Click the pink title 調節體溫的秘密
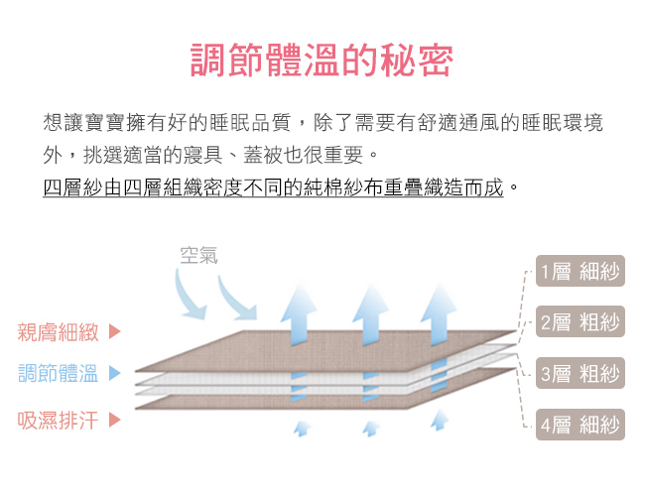click(x=322, y=61)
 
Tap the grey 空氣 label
click(x=198, y=255)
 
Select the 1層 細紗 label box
click(x=580, y=271)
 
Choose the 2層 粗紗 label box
click(x=580, y=321)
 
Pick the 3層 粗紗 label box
click(x=580, y=373)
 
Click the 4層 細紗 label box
click(x=580, y=425)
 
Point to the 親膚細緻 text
click(x=58, y=332)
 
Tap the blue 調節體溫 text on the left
click(x=58, y=373)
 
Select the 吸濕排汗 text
click(x=58, y=421)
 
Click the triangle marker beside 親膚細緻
click(x=114, y=331)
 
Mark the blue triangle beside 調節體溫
click(x=114, y=373)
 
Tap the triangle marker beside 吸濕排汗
click(x=114, y=421)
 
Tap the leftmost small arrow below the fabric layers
click(x=302, y=429)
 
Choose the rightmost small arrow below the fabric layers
click(x=440, y=420)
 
